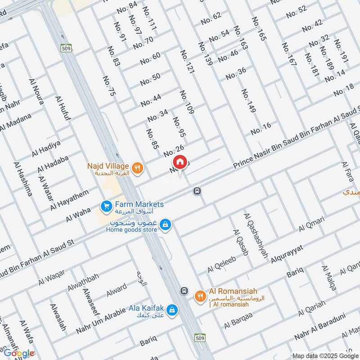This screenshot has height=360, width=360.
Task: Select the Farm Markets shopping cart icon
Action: tap(107, 207)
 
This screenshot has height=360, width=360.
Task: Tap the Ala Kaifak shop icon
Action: tap(171, 310)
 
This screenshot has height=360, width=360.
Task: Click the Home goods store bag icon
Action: tap(166, 224)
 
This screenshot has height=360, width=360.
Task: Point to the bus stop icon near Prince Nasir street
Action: tap(197, 191)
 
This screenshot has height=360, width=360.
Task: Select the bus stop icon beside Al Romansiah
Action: tap(183, 290)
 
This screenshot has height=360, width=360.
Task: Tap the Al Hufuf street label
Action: tap(63, 108)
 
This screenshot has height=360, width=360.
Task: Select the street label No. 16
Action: tap(261, 128)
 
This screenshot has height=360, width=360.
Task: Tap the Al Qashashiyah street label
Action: tap(256, 235)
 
